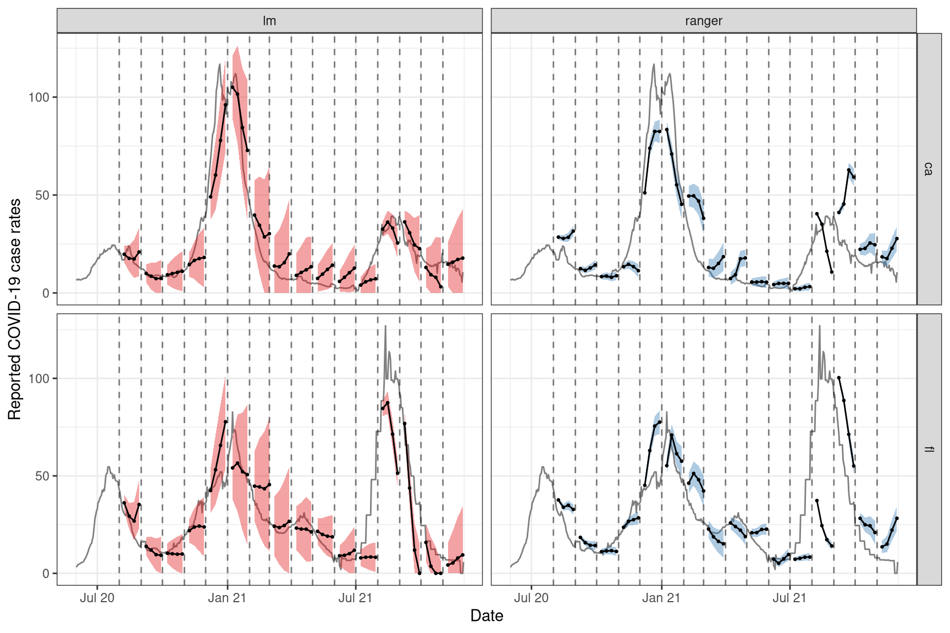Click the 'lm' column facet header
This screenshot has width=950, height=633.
pyautogui.click(x=269, y=21)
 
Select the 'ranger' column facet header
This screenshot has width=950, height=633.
pyautogui.click(x=703, y=21)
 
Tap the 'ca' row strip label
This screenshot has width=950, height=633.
pyautogui.click(x=929, y=169)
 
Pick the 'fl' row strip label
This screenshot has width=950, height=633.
pyautogui.click(x=929, y=449)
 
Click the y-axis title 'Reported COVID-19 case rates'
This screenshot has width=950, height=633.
pyautogui.click(x=15, y=309)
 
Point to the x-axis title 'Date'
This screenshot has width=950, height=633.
pyautogui.click(x=487, y=615)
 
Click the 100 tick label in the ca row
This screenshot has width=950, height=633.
pyautogui.click(x=38, y=97)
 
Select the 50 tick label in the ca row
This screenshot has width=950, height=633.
pyautogui.click(x=42, y=195)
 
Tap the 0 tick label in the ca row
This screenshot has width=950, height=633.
pyautogui.click(x=46, y=293)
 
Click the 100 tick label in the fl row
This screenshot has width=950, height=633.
pyautogui.click(x=38, y=378)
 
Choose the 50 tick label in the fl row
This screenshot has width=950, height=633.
pyautogui.click(x=42, y=476)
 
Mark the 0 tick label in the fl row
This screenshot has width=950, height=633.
pyautogui.click(x=46, y=574)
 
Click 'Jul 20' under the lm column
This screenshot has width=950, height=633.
pyautogui.click(x=97, y=598)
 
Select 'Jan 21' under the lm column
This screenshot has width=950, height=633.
pyautogui.click(x=227, y=598)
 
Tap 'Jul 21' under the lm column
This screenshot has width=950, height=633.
pyautogui.click(x=355, y=598)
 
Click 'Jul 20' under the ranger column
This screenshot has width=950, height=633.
pyautogui.click(x=532, y=598)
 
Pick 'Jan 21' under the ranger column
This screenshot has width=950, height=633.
pyautogui.click(x=661, y=598)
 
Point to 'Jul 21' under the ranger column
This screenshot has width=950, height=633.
pyautogui.click(x=789, y=598)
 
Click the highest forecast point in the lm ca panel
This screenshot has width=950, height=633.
pyautogui.click(x=233, y=87)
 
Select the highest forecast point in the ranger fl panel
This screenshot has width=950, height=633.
pyautogui.click(x=839, y=377)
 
